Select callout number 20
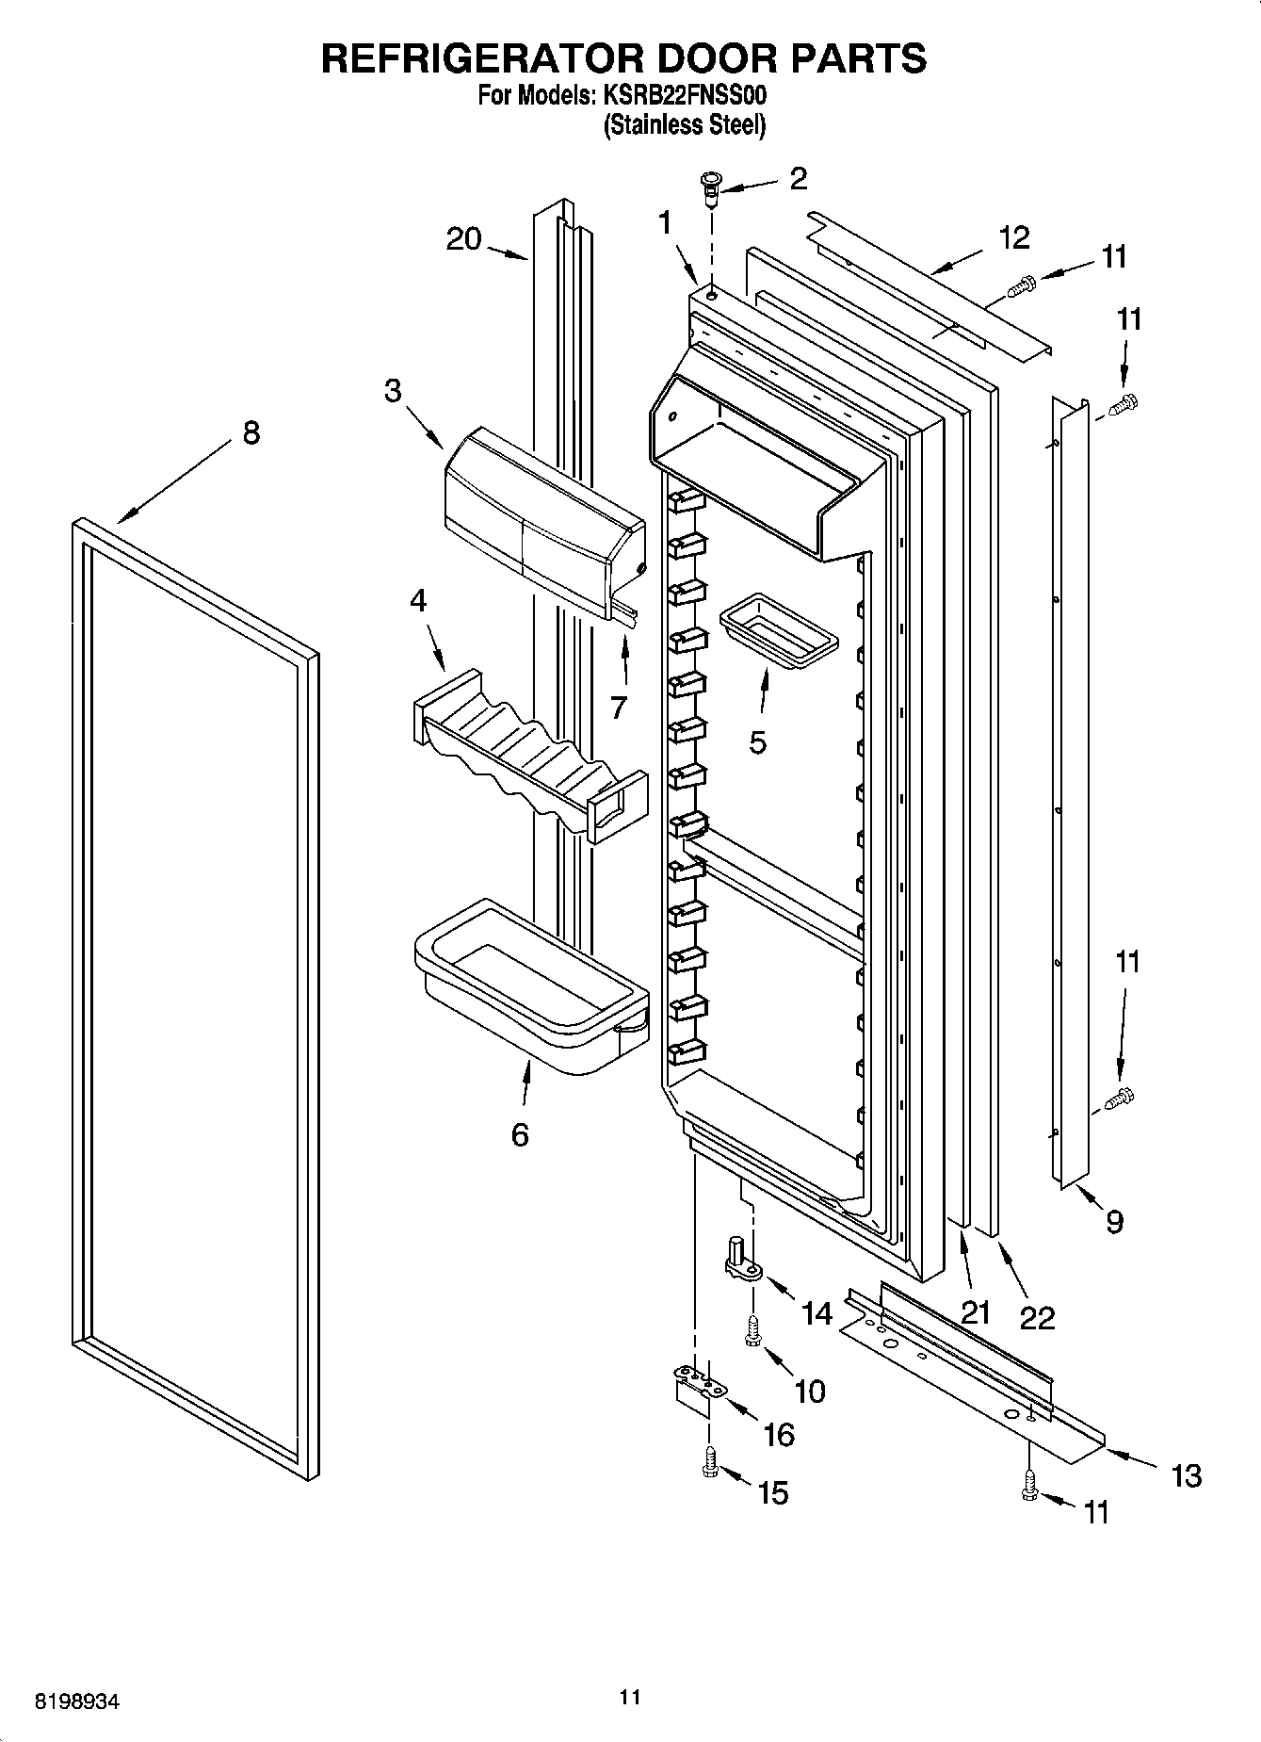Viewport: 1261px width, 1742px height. coord(463,239)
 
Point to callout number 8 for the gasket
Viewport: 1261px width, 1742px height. coord(251,434)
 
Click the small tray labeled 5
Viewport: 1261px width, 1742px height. coord(778,629)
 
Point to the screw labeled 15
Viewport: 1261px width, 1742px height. coord(711,1488)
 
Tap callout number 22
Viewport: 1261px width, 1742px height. coord(1037,1317)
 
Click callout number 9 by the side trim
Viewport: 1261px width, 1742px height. coord(1114,1222)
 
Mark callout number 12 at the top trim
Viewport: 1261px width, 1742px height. coord(1014,237)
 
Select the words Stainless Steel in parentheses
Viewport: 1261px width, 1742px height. coord(685,125)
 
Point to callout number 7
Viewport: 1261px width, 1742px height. coord(618,707)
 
